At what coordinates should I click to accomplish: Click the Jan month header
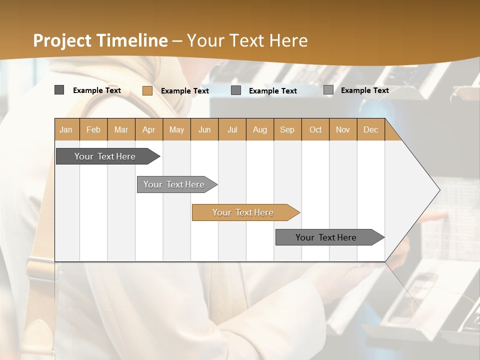pos(66,129)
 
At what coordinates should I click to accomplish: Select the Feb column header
pos(93,129)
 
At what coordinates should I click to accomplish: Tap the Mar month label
pos(121,129)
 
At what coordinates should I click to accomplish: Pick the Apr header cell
pos(149,129)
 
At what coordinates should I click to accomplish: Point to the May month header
pos(176,129)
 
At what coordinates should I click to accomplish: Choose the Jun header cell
pos(204,129)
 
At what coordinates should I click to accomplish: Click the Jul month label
pos(232,129)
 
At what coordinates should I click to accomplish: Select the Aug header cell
pos(260,129)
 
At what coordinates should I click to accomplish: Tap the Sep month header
pos(287,129)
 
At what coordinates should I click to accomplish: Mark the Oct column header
pos(315,129)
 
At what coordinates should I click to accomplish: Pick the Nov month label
pos(343,129)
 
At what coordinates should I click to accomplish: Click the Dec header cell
pos(371,129)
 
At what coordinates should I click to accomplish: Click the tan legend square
pos(147,90)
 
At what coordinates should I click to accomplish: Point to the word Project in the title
pos(62,40)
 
